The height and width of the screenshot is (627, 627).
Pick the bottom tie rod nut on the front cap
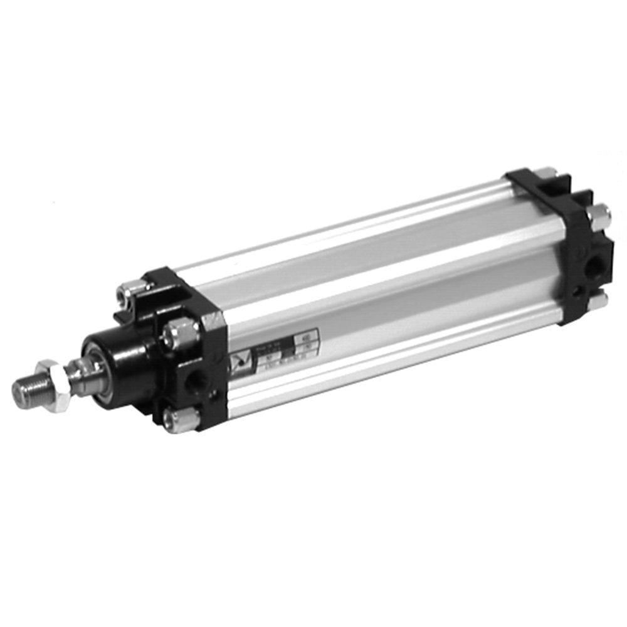(x=178, y=419)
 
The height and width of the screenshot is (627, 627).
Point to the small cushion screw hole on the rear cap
(x=576, y=291)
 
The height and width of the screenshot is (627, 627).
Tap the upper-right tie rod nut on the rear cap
(x=599, y=216)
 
